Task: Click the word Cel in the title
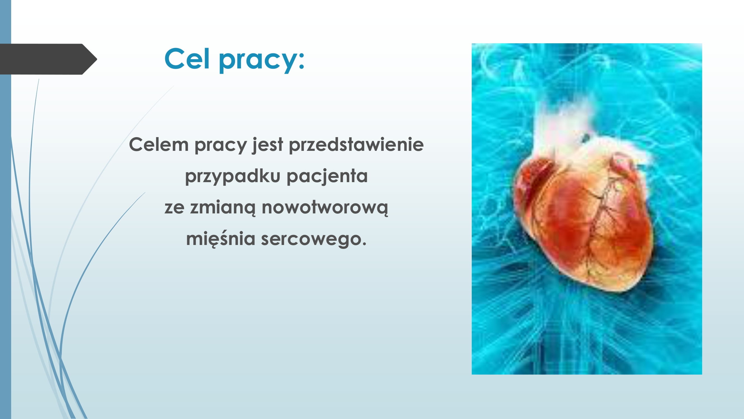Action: click(x=187, y=58)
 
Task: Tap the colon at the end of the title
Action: click(x=302, y=62)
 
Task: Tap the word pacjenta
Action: click(x=327, y=176)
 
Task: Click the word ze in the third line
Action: click(x=174, y=208)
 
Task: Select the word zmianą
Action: click(x=223, y=208)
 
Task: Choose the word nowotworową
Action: click(x=325, y=208)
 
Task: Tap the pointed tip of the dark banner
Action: click(x=97, y=59)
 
